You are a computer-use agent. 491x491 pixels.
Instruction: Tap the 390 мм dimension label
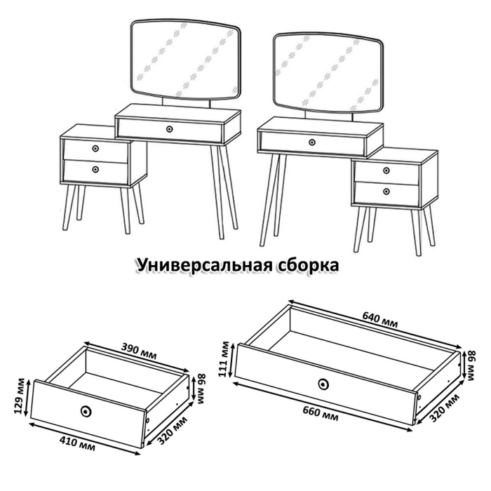(x=138, y=348)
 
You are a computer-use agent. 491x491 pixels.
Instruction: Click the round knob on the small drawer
(x=86, y=411)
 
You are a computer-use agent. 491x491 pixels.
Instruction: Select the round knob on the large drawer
(x=323, y=384)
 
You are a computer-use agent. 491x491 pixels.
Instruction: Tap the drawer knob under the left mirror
(x=169, y=128)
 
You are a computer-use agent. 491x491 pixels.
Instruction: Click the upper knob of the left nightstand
(x=95, y=148)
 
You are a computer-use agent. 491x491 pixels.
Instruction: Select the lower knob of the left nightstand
(x=95, y=169)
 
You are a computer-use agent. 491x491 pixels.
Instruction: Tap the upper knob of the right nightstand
(x=386, y=169)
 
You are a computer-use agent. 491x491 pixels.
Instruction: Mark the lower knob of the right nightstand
(x=386, y=190)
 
